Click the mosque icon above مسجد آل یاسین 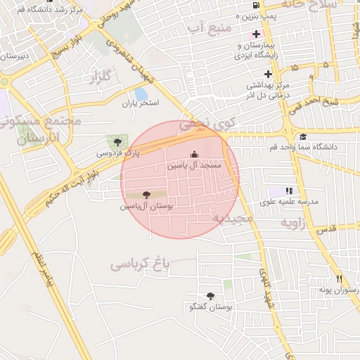(x=195, y=155)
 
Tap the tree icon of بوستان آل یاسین (x=146, y=195)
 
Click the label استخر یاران (x=141, y=103)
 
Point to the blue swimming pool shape (x=141, y=94)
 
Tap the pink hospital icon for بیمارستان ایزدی (x=255, y=34)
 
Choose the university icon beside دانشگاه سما (x=302, y=137)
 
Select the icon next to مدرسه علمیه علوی (x=288, y=191)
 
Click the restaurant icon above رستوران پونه (x=338, y=278)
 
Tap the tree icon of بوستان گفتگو (x=210, y=297)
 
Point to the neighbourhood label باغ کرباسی (x=141, y=264)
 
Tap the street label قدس (x=328, y=230)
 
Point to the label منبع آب (x=205, y=28)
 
